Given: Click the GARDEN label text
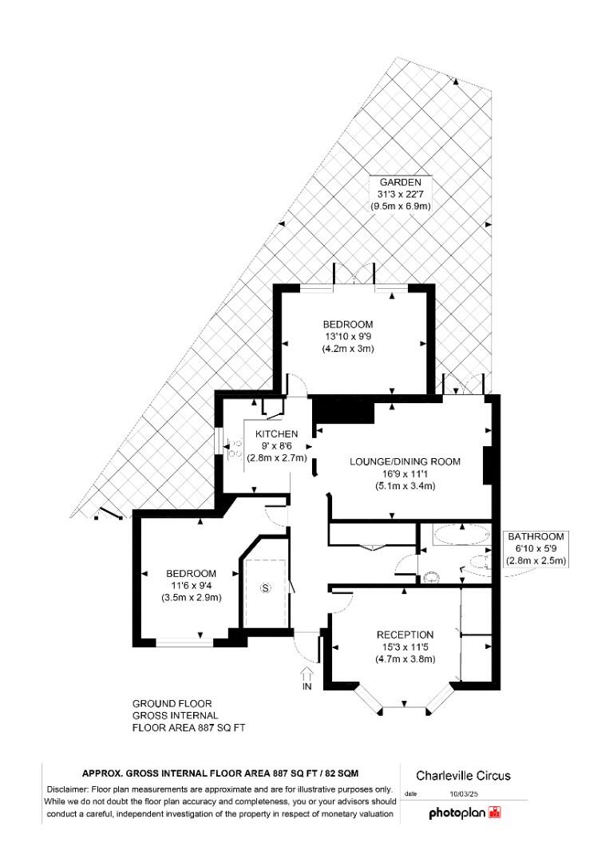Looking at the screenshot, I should (x=401, y=182).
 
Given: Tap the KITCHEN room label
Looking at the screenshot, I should (x=276, y=433).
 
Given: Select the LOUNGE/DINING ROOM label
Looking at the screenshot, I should (x=405, y=461).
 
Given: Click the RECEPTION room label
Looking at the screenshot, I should (x=405, y=635).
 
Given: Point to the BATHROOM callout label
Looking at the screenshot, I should (x=536, y=537).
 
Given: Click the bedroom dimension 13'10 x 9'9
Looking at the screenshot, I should (x=348, y=337).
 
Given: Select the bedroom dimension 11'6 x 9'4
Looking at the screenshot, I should (x=191, y=586).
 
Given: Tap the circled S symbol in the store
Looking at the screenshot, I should (x=266, y=589).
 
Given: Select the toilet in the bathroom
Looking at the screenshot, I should (x=432, y=574).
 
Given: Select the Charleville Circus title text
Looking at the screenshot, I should (x=463, y=776).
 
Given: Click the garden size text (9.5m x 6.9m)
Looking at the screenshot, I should (x=401, y=206).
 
